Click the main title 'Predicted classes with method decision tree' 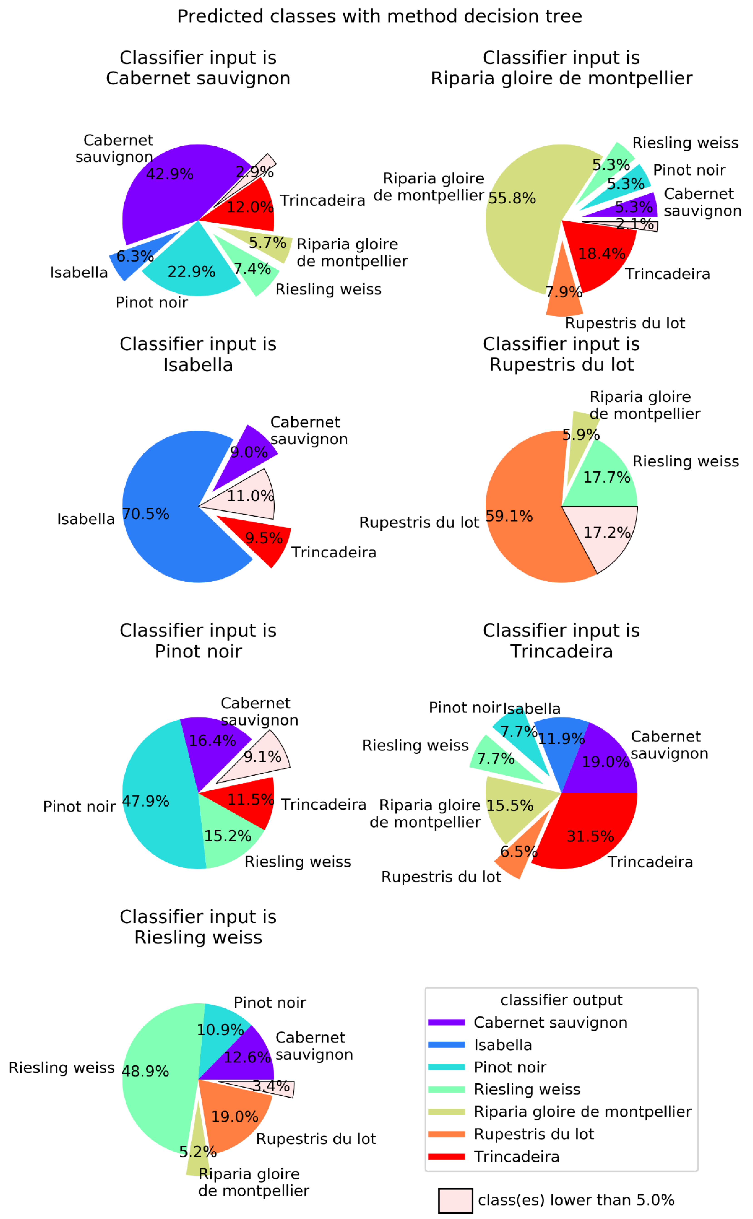(380, 16)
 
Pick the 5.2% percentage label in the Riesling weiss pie (198, 1152)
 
